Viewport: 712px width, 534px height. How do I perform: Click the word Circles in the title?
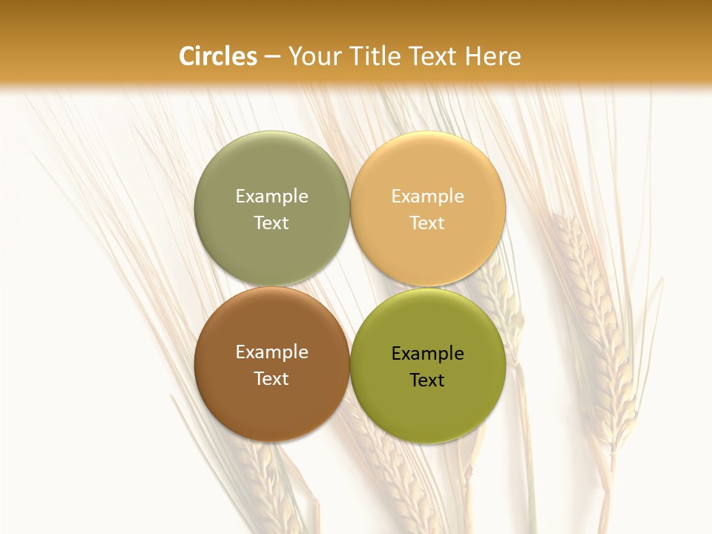pyautogui.click(x=217, y=56)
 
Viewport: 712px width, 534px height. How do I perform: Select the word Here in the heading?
pyautogui.click(x=493, y=56)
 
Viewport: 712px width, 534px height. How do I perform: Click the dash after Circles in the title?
pyautogui.click(x=272, y=57)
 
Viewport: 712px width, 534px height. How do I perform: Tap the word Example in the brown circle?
pyautogui.click(x=271, y=352)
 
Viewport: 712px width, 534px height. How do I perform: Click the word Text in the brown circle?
pyautogui.click(x=271, y=378)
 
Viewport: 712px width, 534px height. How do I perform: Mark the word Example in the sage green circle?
pyautogui.click(x=271, y=197)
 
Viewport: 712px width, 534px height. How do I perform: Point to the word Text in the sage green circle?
pyautogui.click(x=271, y=222)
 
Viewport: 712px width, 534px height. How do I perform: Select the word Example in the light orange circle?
pyautogui.click(x=428, y=197)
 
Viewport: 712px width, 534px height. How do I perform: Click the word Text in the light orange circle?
pyautogui.click(x=428, y=222)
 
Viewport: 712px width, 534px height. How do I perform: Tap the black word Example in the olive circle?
pyautogui.click(x=428, y=354)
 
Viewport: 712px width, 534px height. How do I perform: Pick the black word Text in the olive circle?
pyautogui.click(x=428, y=380)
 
